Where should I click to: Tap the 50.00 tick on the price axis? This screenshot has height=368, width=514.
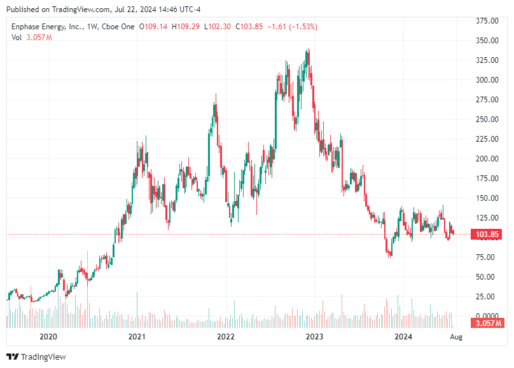(487, 277)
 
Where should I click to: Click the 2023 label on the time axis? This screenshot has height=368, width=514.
(313, 337)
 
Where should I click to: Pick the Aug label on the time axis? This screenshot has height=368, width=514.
(455, 337)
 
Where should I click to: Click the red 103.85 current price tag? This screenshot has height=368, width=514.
(487, 235)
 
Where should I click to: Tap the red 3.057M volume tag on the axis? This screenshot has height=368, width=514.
(487, 324)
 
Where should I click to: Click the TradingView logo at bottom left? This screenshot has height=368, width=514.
(36, 357)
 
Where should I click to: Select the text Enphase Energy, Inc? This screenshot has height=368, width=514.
(44, 27)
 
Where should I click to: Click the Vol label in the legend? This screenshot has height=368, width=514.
(17, 37)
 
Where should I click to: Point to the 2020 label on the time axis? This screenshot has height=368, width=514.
(48, 337)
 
